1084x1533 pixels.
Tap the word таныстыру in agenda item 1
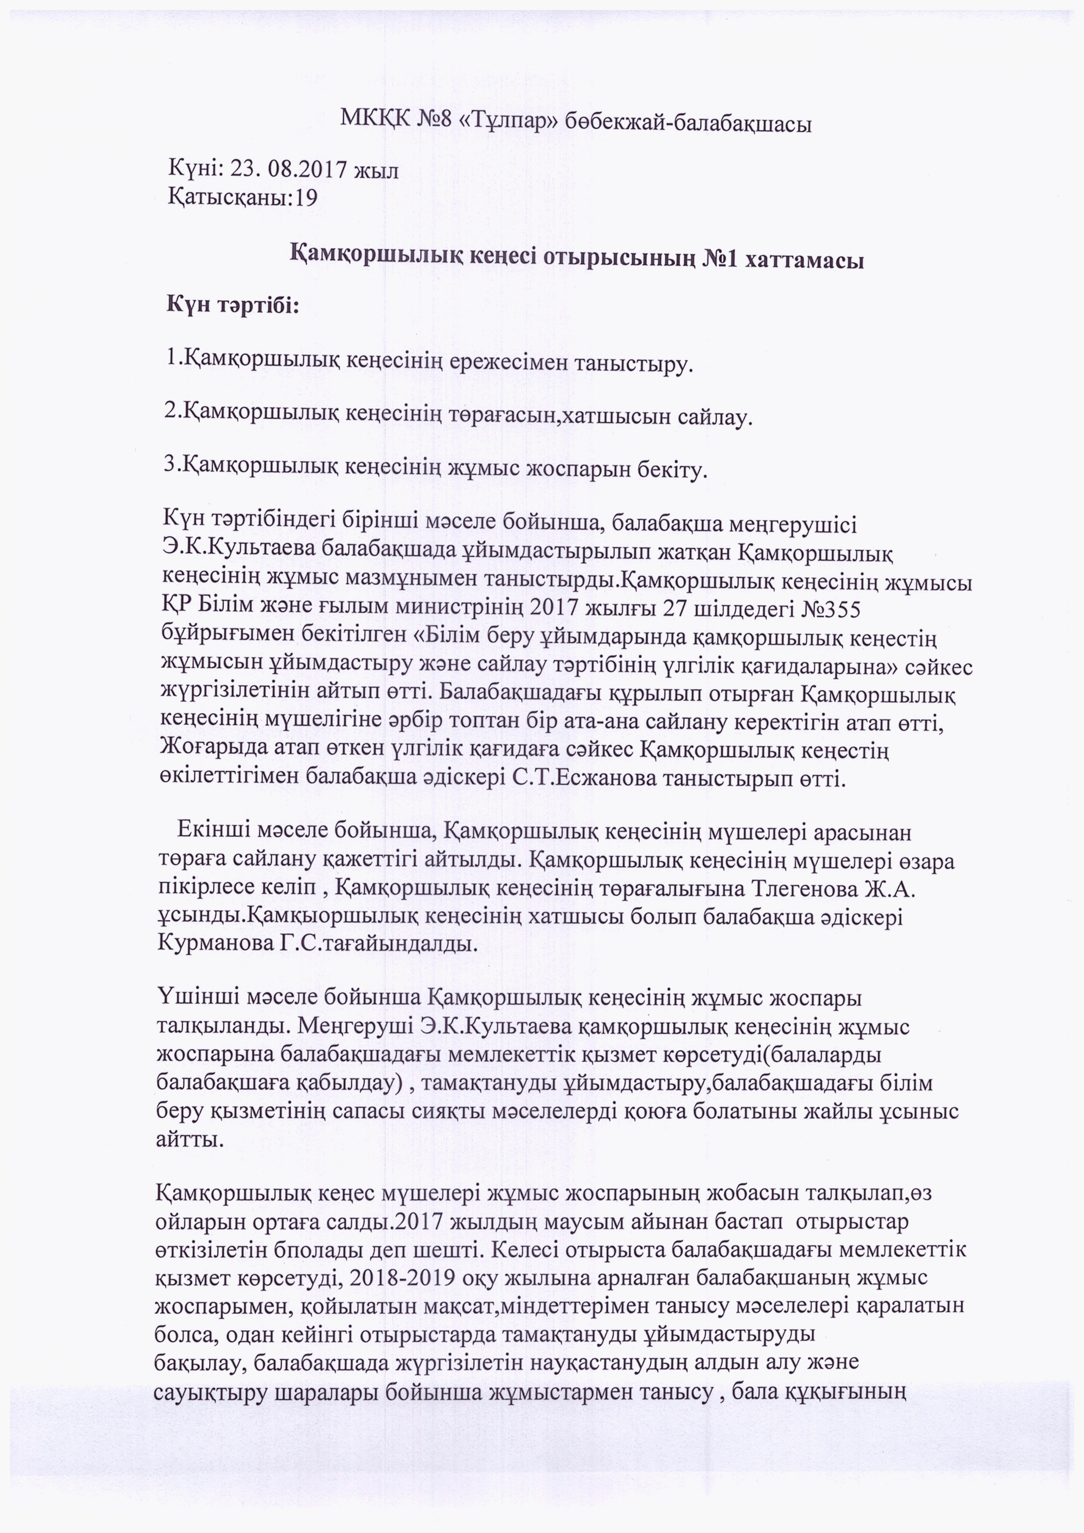tap(633, 365)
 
